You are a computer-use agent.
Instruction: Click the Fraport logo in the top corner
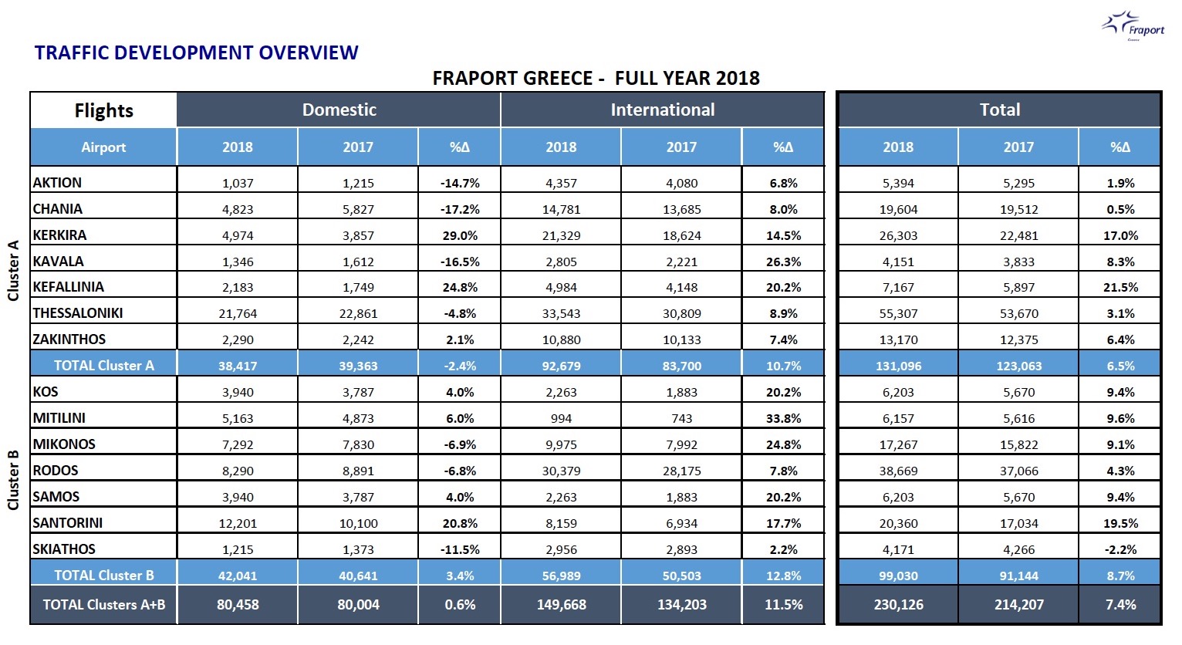(x=1133, y=25)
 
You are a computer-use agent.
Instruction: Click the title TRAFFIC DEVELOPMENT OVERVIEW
(x=196, y=52)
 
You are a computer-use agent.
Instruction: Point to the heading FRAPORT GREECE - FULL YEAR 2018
(x=596, y=78)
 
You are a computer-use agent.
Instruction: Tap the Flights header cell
(x=103, y=110)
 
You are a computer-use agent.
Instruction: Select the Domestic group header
(x=339, y=110)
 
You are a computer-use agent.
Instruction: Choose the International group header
(x=662, y=110)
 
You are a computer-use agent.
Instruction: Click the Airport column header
(x=103, y=147)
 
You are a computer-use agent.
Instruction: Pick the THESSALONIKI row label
(x=78, y=313)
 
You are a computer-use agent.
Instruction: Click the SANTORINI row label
(x=68, y=522)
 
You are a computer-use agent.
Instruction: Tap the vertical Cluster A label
(x=12, y=271)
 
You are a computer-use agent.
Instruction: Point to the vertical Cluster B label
(x=12, y=481)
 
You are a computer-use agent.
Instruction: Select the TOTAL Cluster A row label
(x=104, y=365)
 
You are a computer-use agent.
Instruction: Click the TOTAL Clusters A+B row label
(x=104, y=604)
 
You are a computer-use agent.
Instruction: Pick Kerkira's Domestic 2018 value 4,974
(x=238, y=235)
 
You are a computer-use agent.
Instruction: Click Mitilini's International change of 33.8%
(x=784, y=419)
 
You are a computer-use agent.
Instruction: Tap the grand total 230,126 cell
(x=898, y=605)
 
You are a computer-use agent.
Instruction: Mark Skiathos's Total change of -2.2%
(x=1120, y=549)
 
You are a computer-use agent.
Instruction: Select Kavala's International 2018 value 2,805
(x=561, y=262)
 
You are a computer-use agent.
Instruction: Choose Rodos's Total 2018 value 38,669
(x=898, y=471)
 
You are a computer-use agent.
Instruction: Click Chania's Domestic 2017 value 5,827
(x=358, y=210)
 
